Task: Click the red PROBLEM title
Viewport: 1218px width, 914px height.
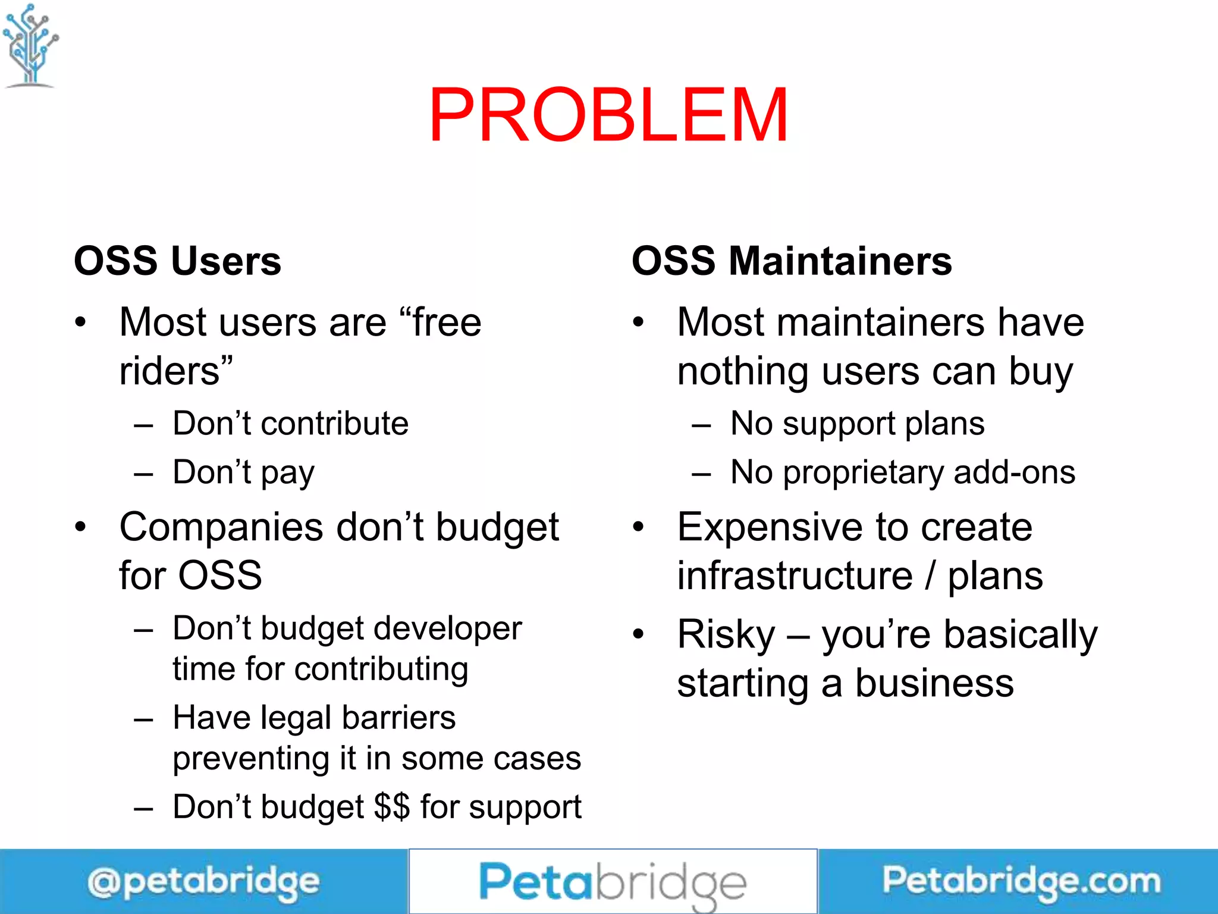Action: [608, 115]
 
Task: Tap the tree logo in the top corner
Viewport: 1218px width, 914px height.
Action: [30, 45]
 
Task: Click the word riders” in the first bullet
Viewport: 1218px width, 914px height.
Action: [176, 371]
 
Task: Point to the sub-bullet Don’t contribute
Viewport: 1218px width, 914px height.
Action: [290, 424]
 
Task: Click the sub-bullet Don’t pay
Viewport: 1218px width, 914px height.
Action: [243, 472]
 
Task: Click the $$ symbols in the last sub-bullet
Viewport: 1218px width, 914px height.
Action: [392, 807]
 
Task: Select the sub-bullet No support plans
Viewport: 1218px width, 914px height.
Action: [857, 424]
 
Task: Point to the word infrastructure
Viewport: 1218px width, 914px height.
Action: [795, 576]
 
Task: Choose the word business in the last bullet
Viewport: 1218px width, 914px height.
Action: [934, 683]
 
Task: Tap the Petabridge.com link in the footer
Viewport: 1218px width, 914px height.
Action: [1021, 881]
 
